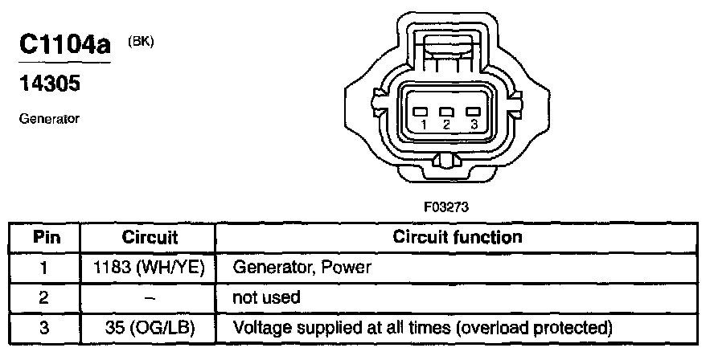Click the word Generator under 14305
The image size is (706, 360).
point(47,118)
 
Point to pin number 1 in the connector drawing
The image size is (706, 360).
point(423,125)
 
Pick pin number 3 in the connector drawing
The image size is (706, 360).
point(474,125)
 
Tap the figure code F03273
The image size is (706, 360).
point(446,207)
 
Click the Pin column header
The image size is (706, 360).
point(45,238)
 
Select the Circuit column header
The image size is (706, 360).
point(150,238)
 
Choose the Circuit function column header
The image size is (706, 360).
point(457,238)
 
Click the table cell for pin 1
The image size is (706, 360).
point(45,268)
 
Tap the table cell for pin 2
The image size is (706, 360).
point(45,297)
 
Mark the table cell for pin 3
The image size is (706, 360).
point(45,327)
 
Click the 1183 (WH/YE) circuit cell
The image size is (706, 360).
point(150,268)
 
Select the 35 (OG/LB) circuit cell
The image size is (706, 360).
point(150,327)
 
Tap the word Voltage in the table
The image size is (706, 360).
point(258,327)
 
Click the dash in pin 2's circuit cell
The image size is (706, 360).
point(150,297)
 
